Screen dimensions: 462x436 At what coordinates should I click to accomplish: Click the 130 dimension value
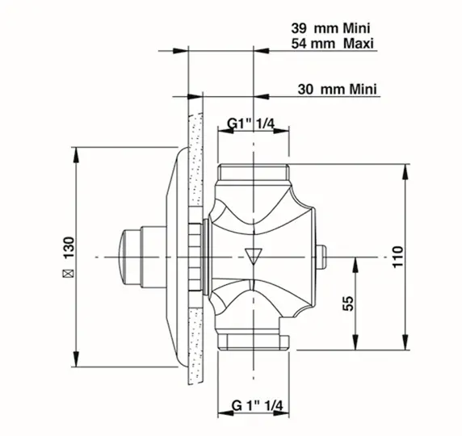(69, 247)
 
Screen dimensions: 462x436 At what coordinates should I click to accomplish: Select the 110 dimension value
(397, 257)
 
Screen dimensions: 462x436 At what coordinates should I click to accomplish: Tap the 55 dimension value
(348, 303)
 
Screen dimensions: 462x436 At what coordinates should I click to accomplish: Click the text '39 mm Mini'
(330, 28)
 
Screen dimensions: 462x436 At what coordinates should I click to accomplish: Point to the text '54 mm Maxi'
(332, 44)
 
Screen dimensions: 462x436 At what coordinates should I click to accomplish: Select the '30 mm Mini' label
(337, 89)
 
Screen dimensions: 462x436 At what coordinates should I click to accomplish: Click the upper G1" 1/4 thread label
(250, 124)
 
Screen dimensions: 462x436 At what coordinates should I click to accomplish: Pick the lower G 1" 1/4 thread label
(257, 405)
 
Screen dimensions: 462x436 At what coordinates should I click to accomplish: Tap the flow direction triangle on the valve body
(254, 256)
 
